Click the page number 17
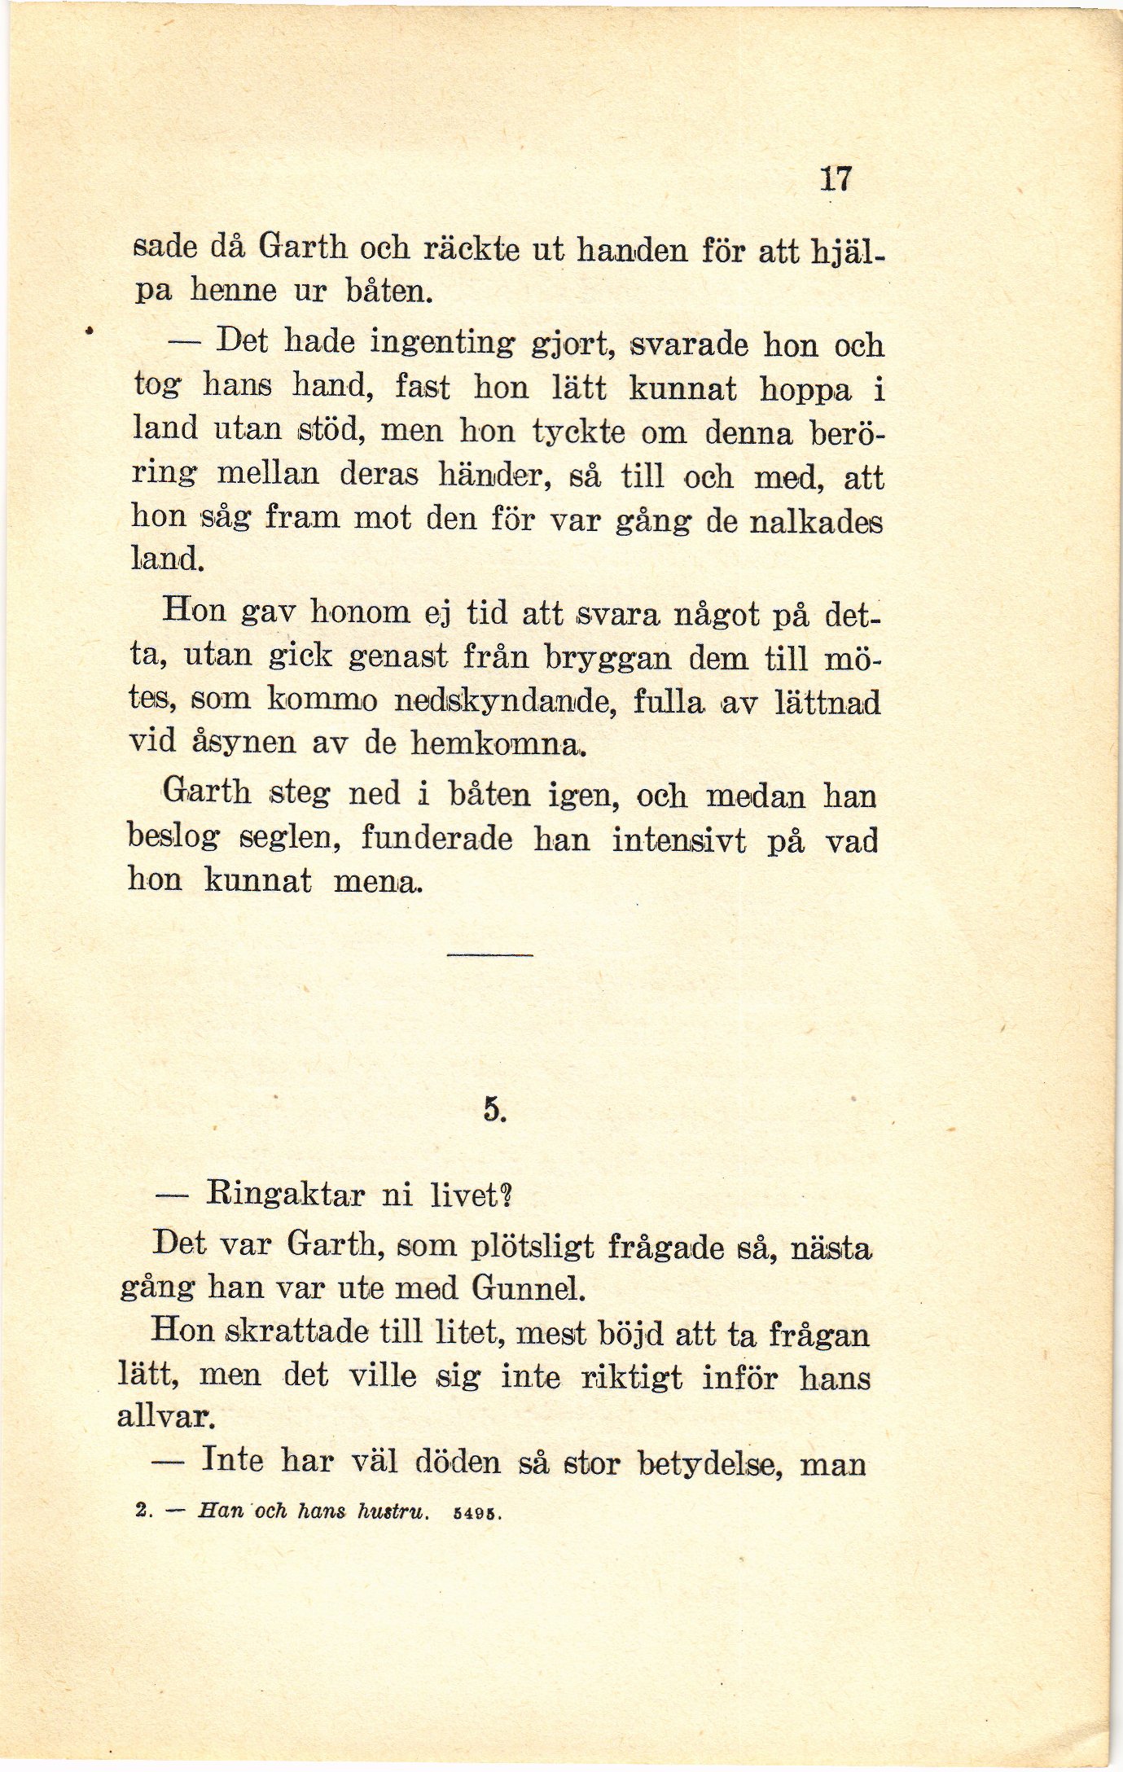(x=836, y=178)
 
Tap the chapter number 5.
(x=494, y=1110)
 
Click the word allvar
(x=165, y=1417)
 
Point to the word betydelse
(x=710, y=1463)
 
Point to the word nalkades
(x=815, y=520)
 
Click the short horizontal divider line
(x=489, y=954)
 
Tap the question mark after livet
(x=506, y=1195)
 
